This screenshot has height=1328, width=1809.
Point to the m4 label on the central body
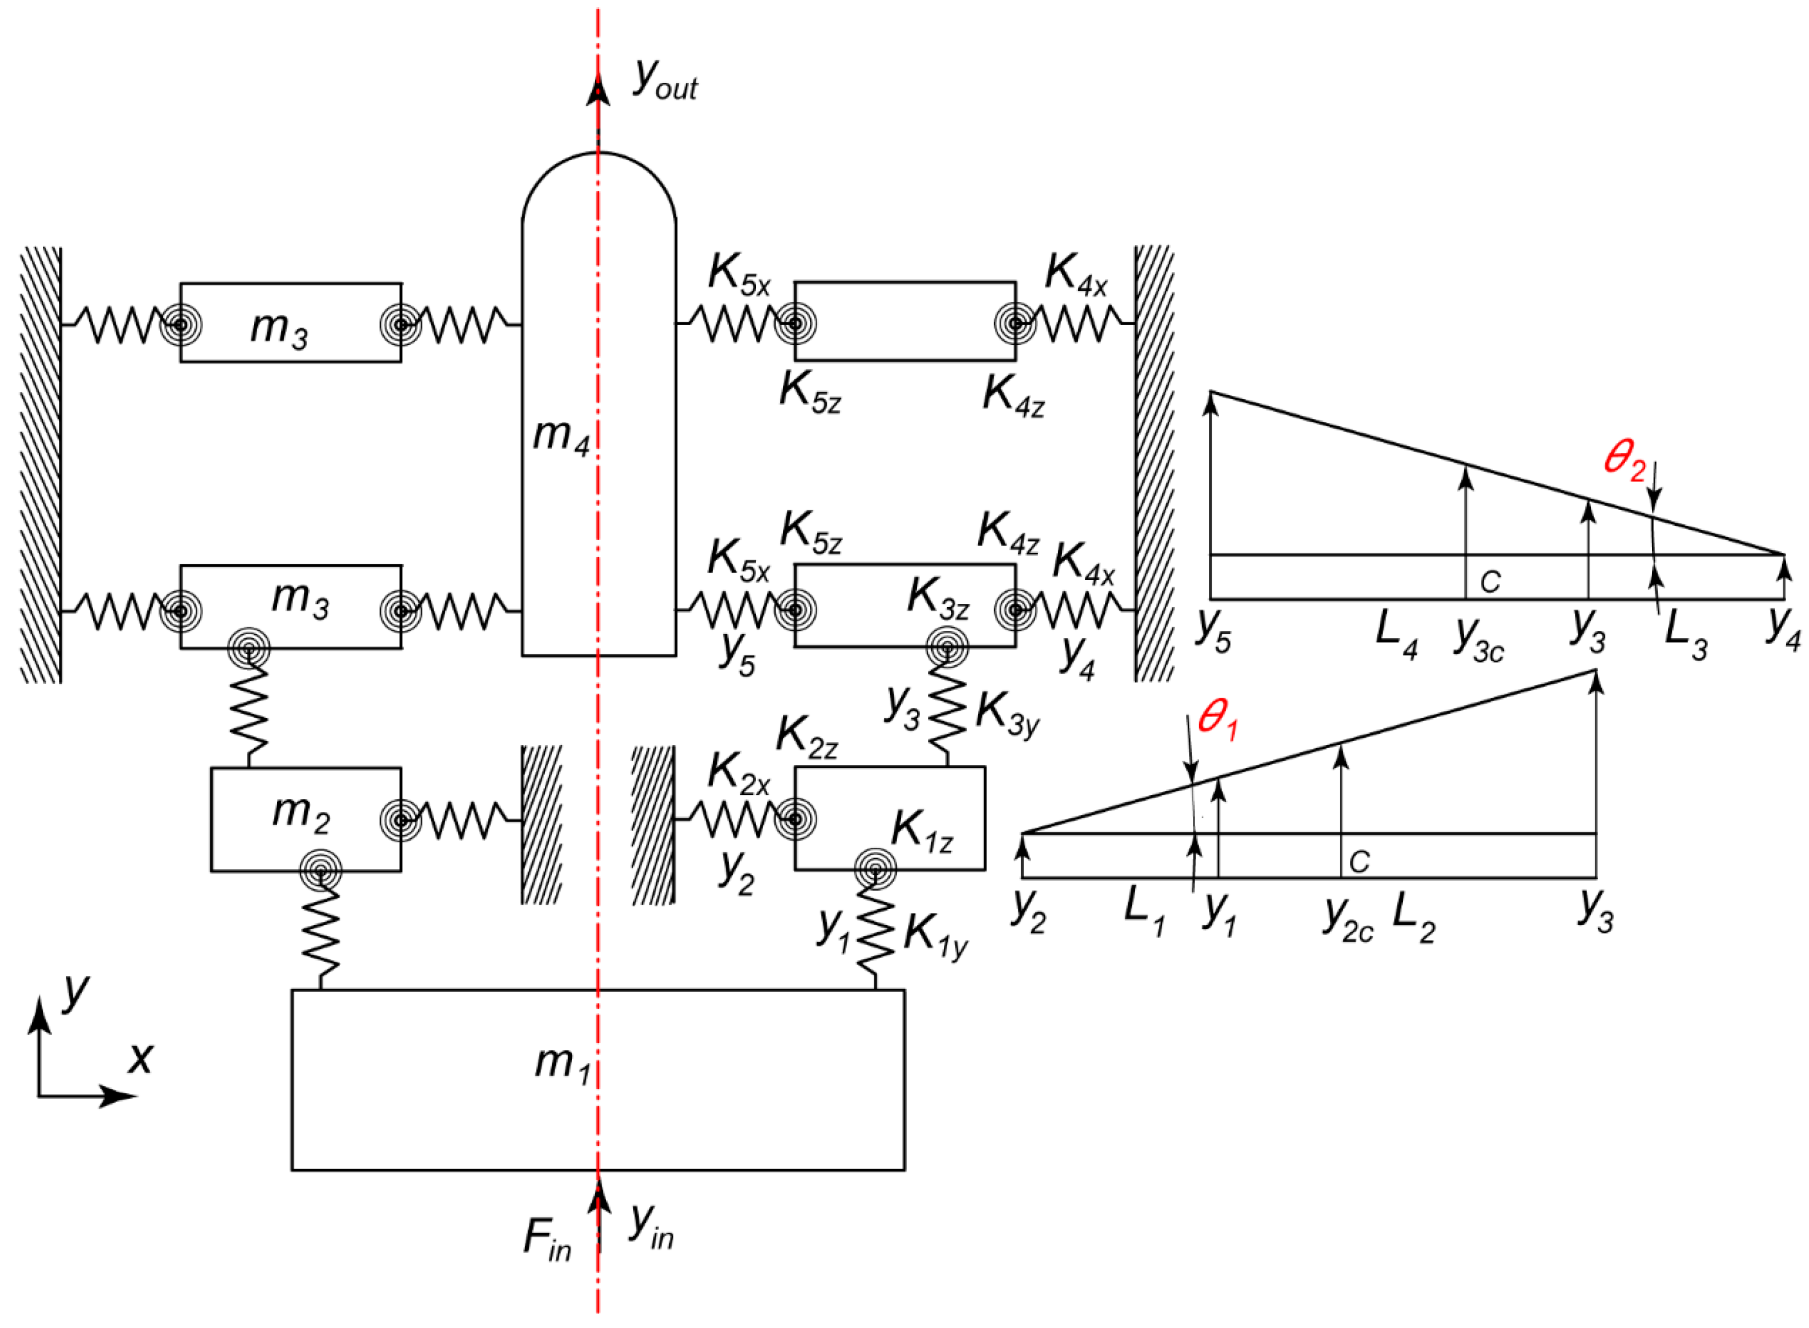click(x=560, y=436)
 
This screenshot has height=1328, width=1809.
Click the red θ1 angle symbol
click(x=1217, y=718)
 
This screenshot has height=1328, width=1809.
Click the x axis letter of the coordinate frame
click(x=141, y=1059)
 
